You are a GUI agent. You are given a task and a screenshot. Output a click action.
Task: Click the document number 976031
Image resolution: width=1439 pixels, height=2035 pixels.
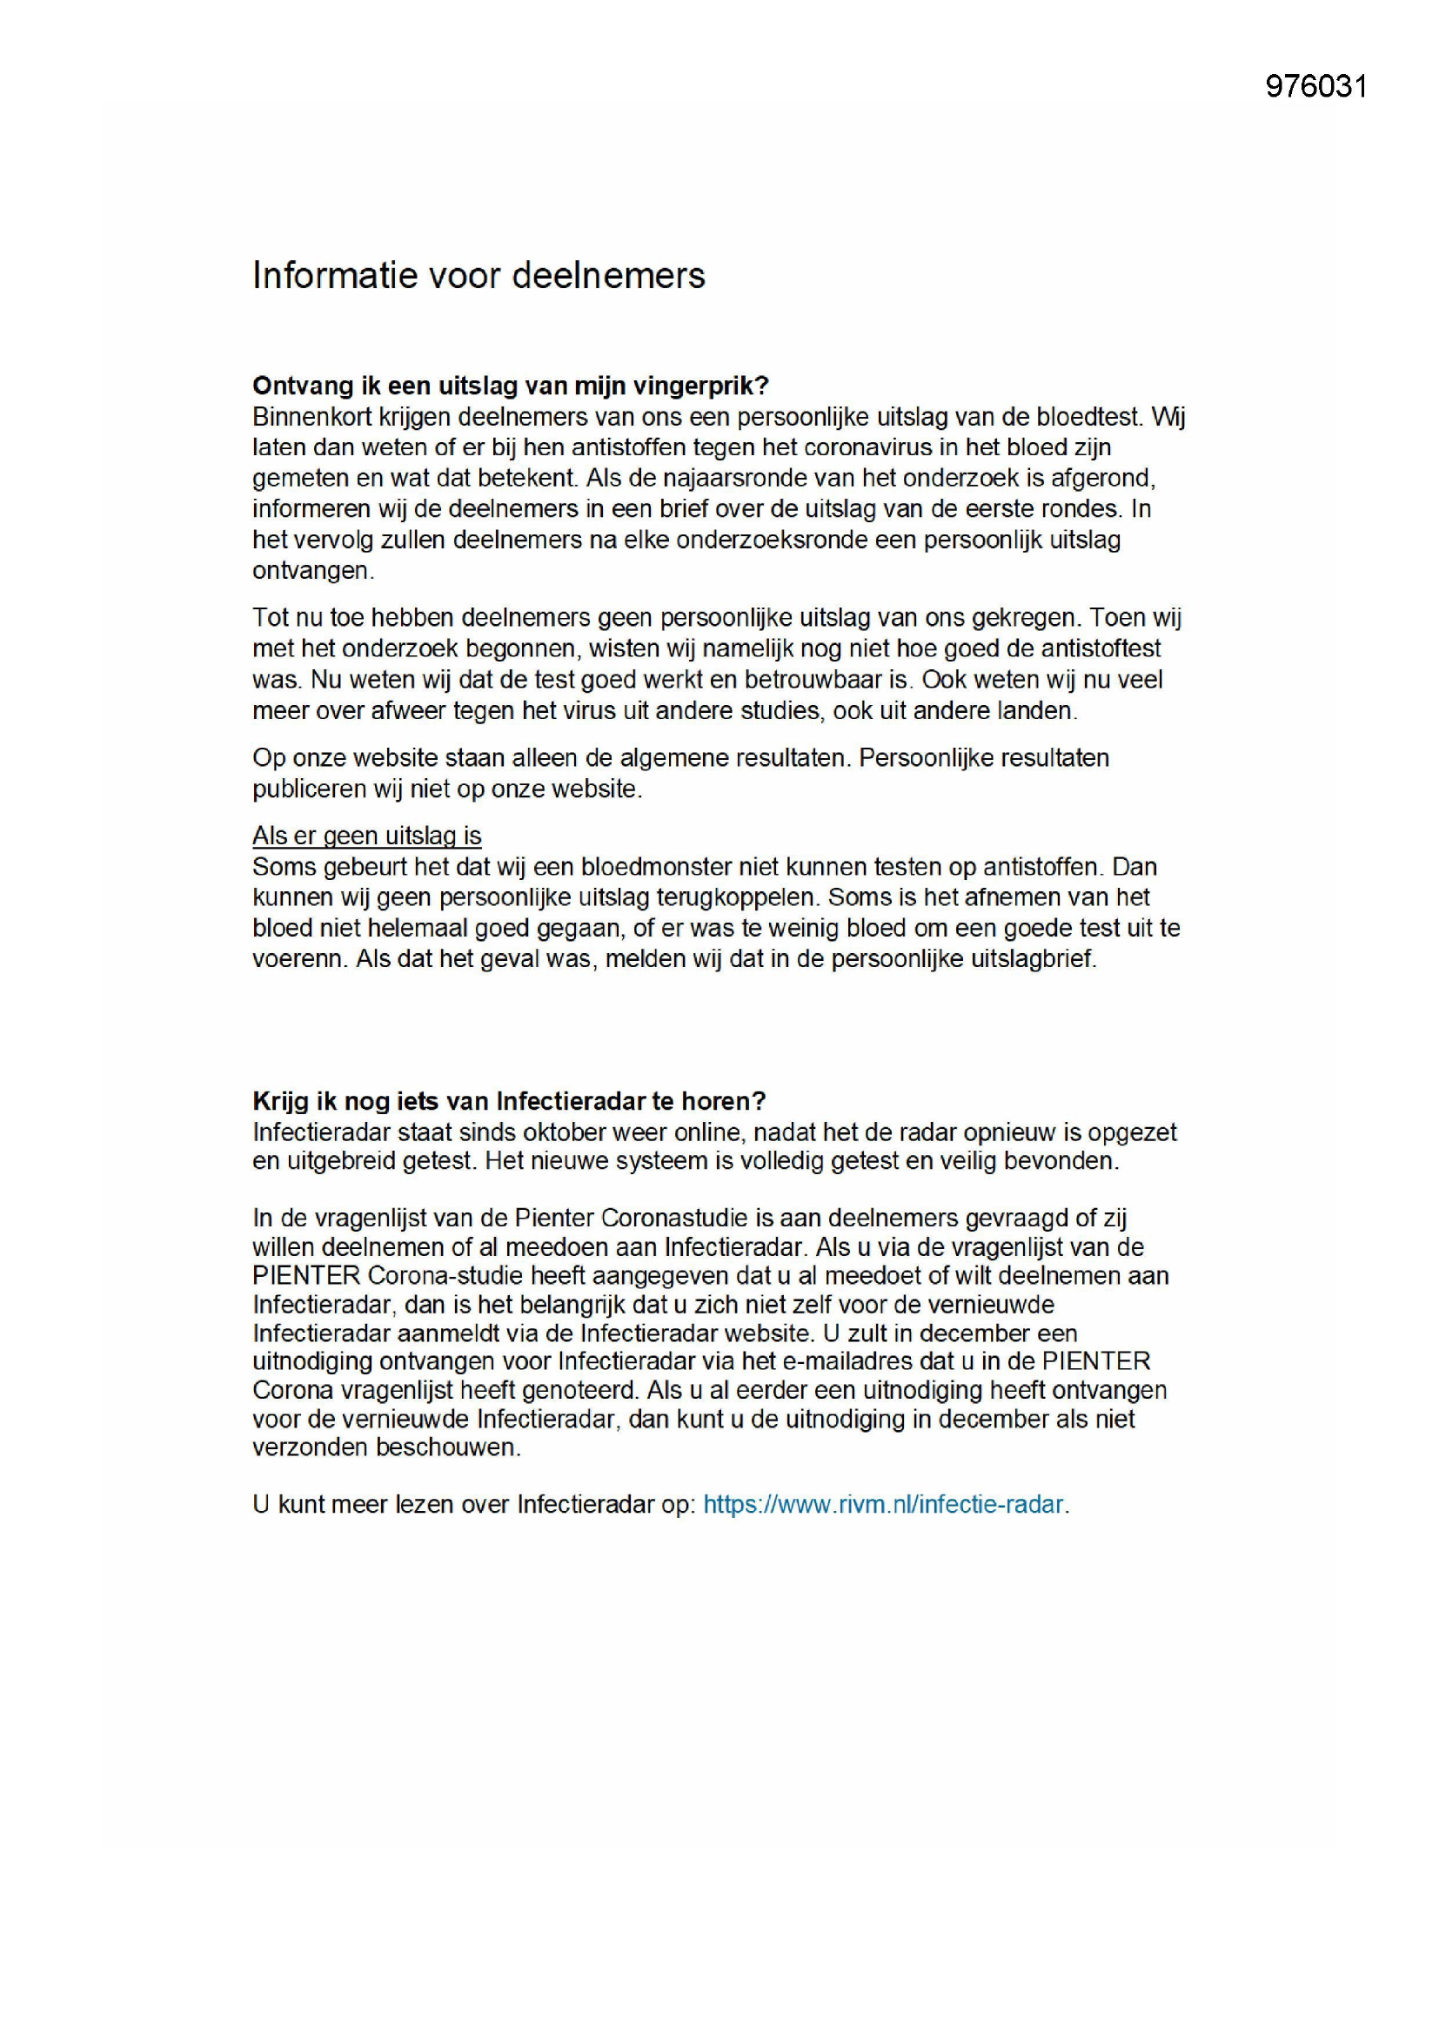tap(1315, 86)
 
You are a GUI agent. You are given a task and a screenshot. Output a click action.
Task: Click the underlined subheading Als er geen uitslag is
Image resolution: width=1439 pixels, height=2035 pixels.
tap(367, 836)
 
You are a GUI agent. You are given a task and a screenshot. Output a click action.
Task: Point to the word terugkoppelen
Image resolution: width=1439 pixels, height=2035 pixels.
tap(735, 897)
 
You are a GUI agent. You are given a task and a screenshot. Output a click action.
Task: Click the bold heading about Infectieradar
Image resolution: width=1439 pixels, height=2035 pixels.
tap(509, 1101)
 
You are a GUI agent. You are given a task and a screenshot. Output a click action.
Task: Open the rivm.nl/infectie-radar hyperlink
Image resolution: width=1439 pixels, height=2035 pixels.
tap(882, 1504)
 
